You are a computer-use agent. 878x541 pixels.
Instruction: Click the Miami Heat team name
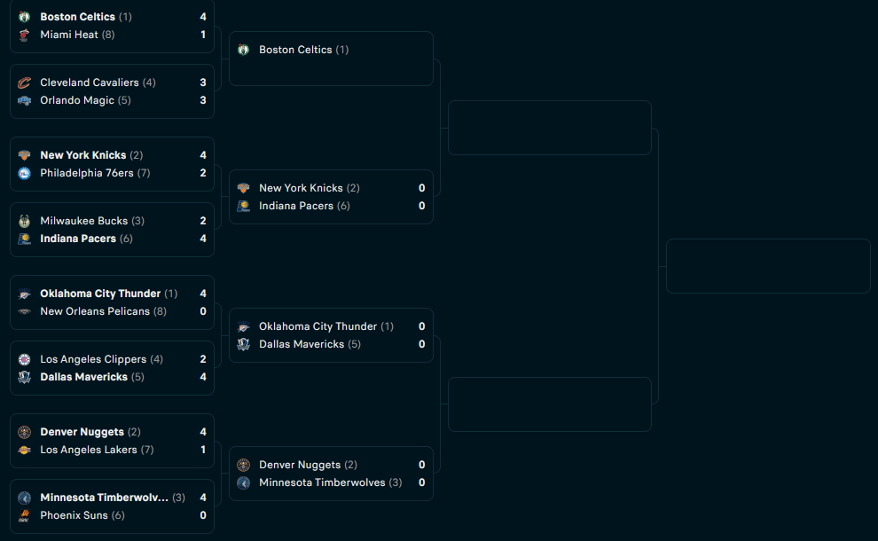69,35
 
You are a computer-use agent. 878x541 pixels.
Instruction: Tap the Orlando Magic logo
24,100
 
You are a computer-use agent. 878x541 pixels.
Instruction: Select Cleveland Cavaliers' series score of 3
203,82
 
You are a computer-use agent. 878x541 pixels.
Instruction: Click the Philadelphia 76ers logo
24,173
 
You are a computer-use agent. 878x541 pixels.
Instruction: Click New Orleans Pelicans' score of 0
203,311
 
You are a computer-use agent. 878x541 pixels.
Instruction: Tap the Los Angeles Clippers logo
24,359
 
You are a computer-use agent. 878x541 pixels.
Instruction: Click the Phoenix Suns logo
24,515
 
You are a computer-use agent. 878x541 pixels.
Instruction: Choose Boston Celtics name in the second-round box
295,50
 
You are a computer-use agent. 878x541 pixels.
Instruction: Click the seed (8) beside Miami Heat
108,35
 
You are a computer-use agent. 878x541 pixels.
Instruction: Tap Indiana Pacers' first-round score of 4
203,239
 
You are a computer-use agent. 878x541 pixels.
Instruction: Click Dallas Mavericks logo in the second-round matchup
243,344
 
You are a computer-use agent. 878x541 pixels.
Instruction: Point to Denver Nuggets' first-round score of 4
203,432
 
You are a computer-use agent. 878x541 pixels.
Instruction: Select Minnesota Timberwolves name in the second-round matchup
322,482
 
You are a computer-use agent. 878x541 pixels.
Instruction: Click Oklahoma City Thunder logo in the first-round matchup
24,294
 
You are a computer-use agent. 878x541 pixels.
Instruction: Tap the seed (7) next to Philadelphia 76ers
144,173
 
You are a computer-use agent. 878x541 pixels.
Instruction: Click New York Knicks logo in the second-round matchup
243,188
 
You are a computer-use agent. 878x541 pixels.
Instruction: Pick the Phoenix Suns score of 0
203,515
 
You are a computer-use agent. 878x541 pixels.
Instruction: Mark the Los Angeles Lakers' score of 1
203,450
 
